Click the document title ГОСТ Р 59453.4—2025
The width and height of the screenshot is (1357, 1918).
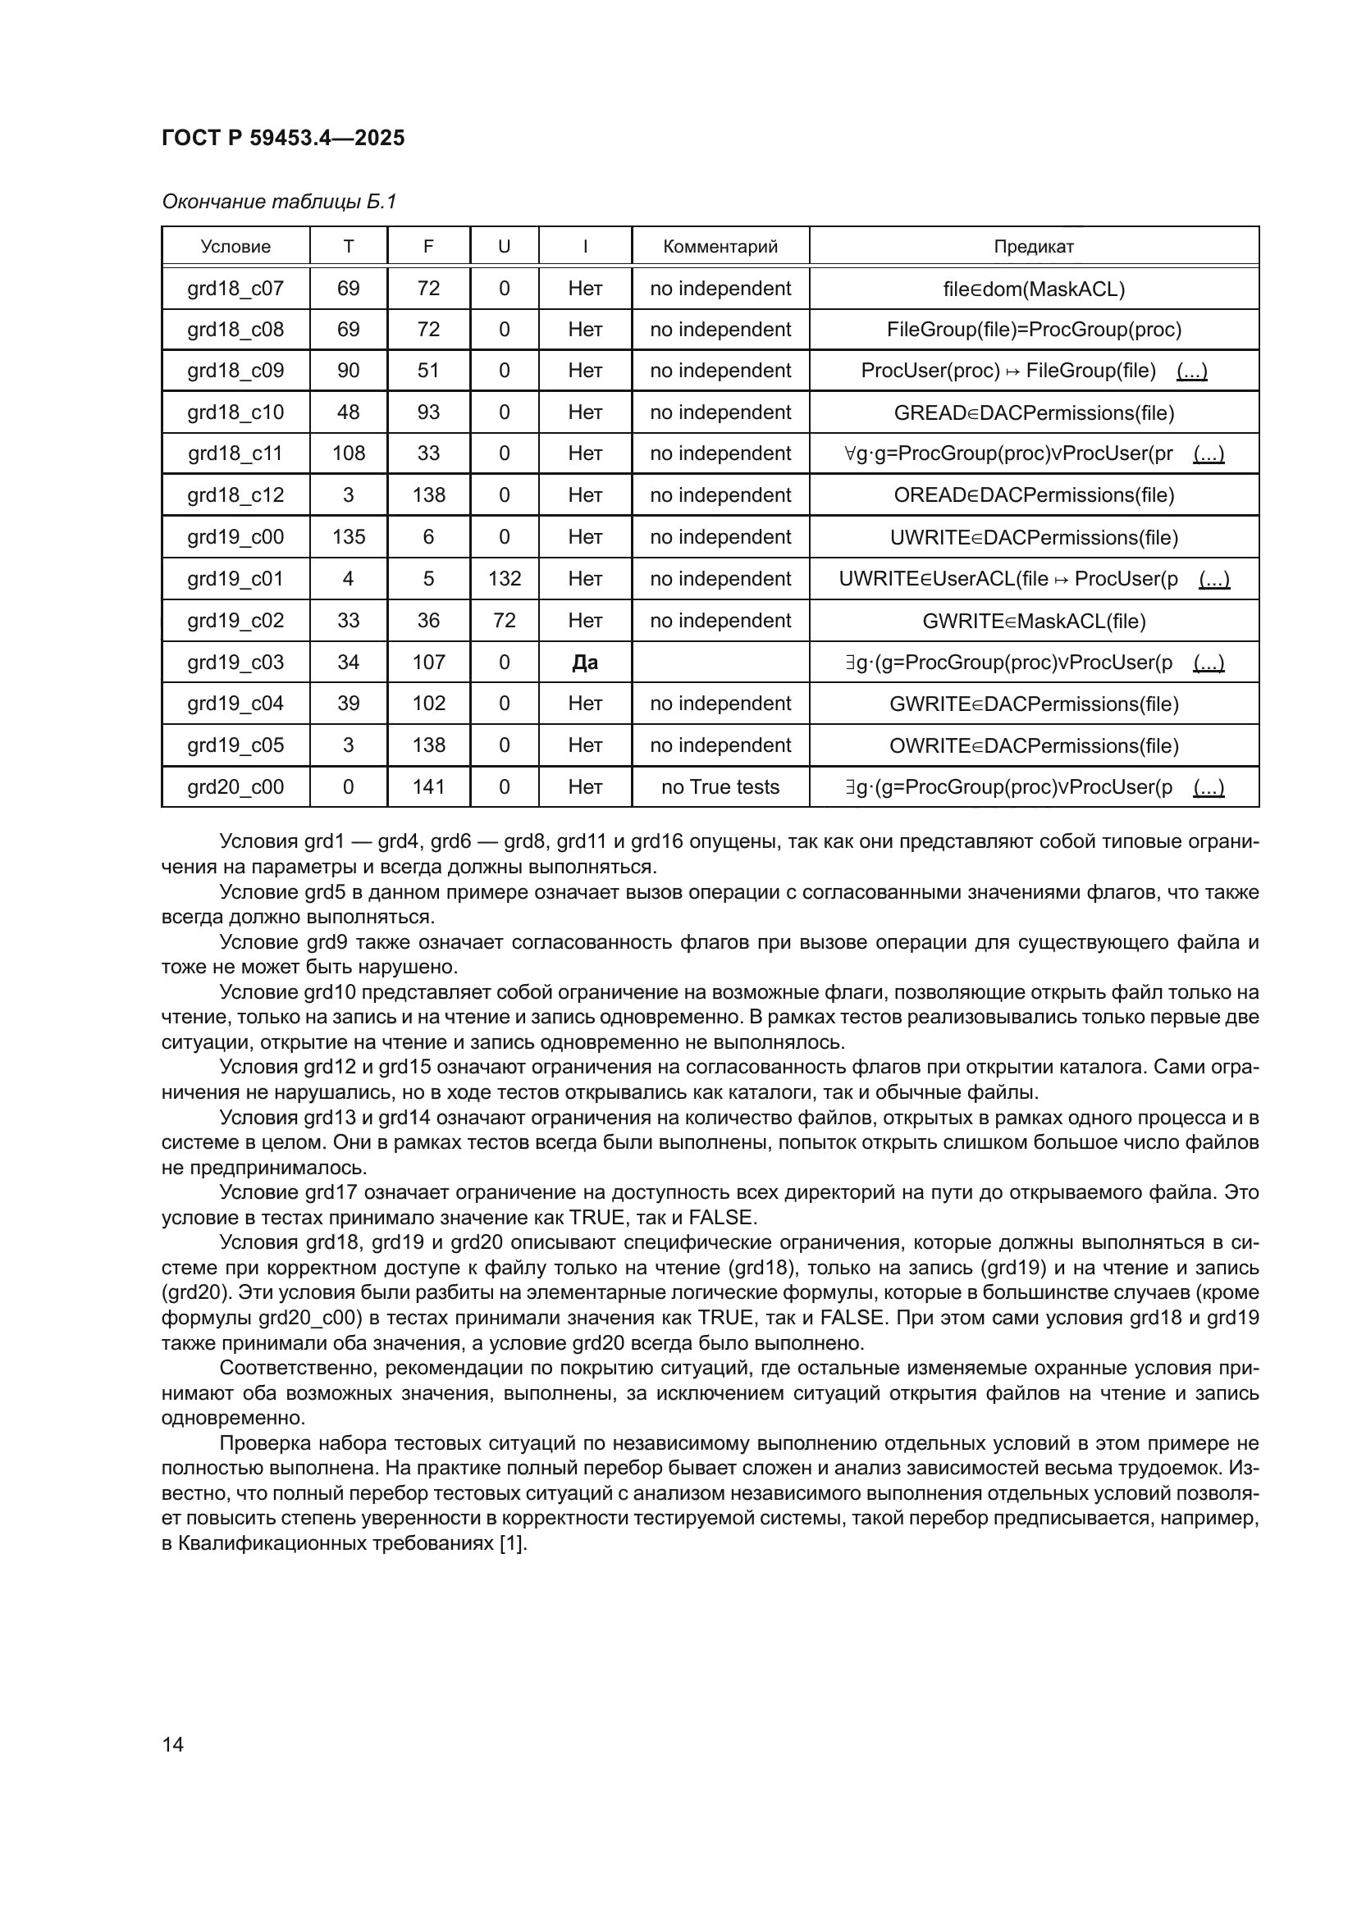[x=282, y=138]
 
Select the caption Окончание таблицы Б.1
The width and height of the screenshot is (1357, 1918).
[x=279, y=202]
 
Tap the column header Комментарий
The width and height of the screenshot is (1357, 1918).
[x=720, y=247]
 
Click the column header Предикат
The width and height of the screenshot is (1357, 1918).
[x=1033, y=247]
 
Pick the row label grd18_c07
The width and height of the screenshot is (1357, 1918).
[x=235, y=288]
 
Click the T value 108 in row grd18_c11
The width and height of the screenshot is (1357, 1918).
[x=349, y=453]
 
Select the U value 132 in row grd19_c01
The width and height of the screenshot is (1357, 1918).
[x=504, y=579]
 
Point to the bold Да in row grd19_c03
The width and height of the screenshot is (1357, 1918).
[x=585, y=663]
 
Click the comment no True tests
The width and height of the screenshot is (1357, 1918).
[x=720, y=787]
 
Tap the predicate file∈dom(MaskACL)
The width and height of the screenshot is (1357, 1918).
[x=1033, y=289]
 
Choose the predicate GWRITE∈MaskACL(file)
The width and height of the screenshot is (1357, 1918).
[x=1033, y=622]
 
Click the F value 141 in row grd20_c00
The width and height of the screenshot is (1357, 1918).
[x=428, y=787]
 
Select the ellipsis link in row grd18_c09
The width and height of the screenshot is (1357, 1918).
[x=1190, y=371]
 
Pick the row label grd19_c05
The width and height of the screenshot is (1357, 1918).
[x=235, y=745]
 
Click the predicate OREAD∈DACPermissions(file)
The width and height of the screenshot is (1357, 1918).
[x=1033, y=495]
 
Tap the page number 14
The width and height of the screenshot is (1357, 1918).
[x=173, y=1744]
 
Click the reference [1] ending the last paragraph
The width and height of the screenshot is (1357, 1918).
[x=512, y=1544]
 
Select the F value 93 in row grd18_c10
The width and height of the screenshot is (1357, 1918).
[x=428, y=412]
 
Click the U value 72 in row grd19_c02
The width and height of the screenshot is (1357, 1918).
[x=504, y=621]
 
